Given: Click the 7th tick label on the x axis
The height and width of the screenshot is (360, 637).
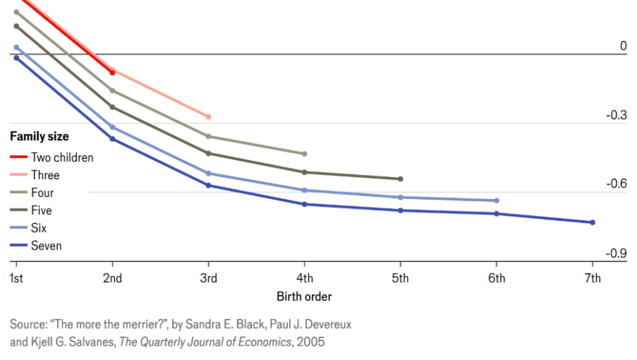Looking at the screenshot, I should pyautogui.click(x=592, y=278).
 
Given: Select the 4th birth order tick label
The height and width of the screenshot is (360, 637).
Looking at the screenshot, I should pyautogui.click(x=305, y=278).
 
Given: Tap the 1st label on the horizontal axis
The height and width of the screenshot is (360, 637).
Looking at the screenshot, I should pyautogui.click(x=15, y=278).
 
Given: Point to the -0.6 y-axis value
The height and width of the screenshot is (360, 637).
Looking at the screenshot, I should pyautogui.click(x=616, y=184).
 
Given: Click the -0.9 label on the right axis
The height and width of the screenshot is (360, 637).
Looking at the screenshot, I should pyautogui.click(x=616, y=253).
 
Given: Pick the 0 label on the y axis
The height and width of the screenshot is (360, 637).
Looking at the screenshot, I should pyautogui.click(x=623, y=46).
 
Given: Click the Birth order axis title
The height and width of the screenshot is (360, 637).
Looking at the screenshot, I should pyautogui.click(x=304, y=296).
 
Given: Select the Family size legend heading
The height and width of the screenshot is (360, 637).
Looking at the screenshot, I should pyautogui.click(x=39, y=136).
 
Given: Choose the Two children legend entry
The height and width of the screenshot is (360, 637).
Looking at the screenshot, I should pyautogui.click(x=62, y=157).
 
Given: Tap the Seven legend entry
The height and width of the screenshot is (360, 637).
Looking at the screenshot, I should pyautogui.click(x=46, y=246).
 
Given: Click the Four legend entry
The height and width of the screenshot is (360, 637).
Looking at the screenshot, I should pyautogui.click(x=42, y=193).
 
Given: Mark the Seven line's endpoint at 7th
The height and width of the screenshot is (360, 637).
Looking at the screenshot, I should pyautogui.click(x=592, y=222).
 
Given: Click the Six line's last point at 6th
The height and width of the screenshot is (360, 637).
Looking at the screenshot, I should pyautogui.click(x=496, y=200).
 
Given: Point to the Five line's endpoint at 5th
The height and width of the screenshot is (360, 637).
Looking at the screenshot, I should pyautogui.click(x=401, y=179).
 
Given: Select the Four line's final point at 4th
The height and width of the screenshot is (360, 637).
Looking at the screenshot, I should pyautogui.click(x=305, y=154).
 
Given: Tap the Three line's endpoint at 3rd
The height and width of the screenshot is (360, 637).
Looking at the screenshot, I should pyautogui.click(x=209, y=117).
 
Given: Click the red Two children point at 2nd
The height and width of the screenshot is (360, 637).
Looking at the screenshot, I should pyautogui.click(x=112, y=72).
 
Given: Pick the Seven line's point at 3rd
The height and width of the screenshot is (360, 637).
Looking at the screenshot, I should pyautogui.click(x=209, y=185).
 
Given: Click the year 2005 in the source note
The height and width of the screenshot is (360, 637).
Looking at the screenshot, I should pyautogui.click(x=310, y=341).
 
